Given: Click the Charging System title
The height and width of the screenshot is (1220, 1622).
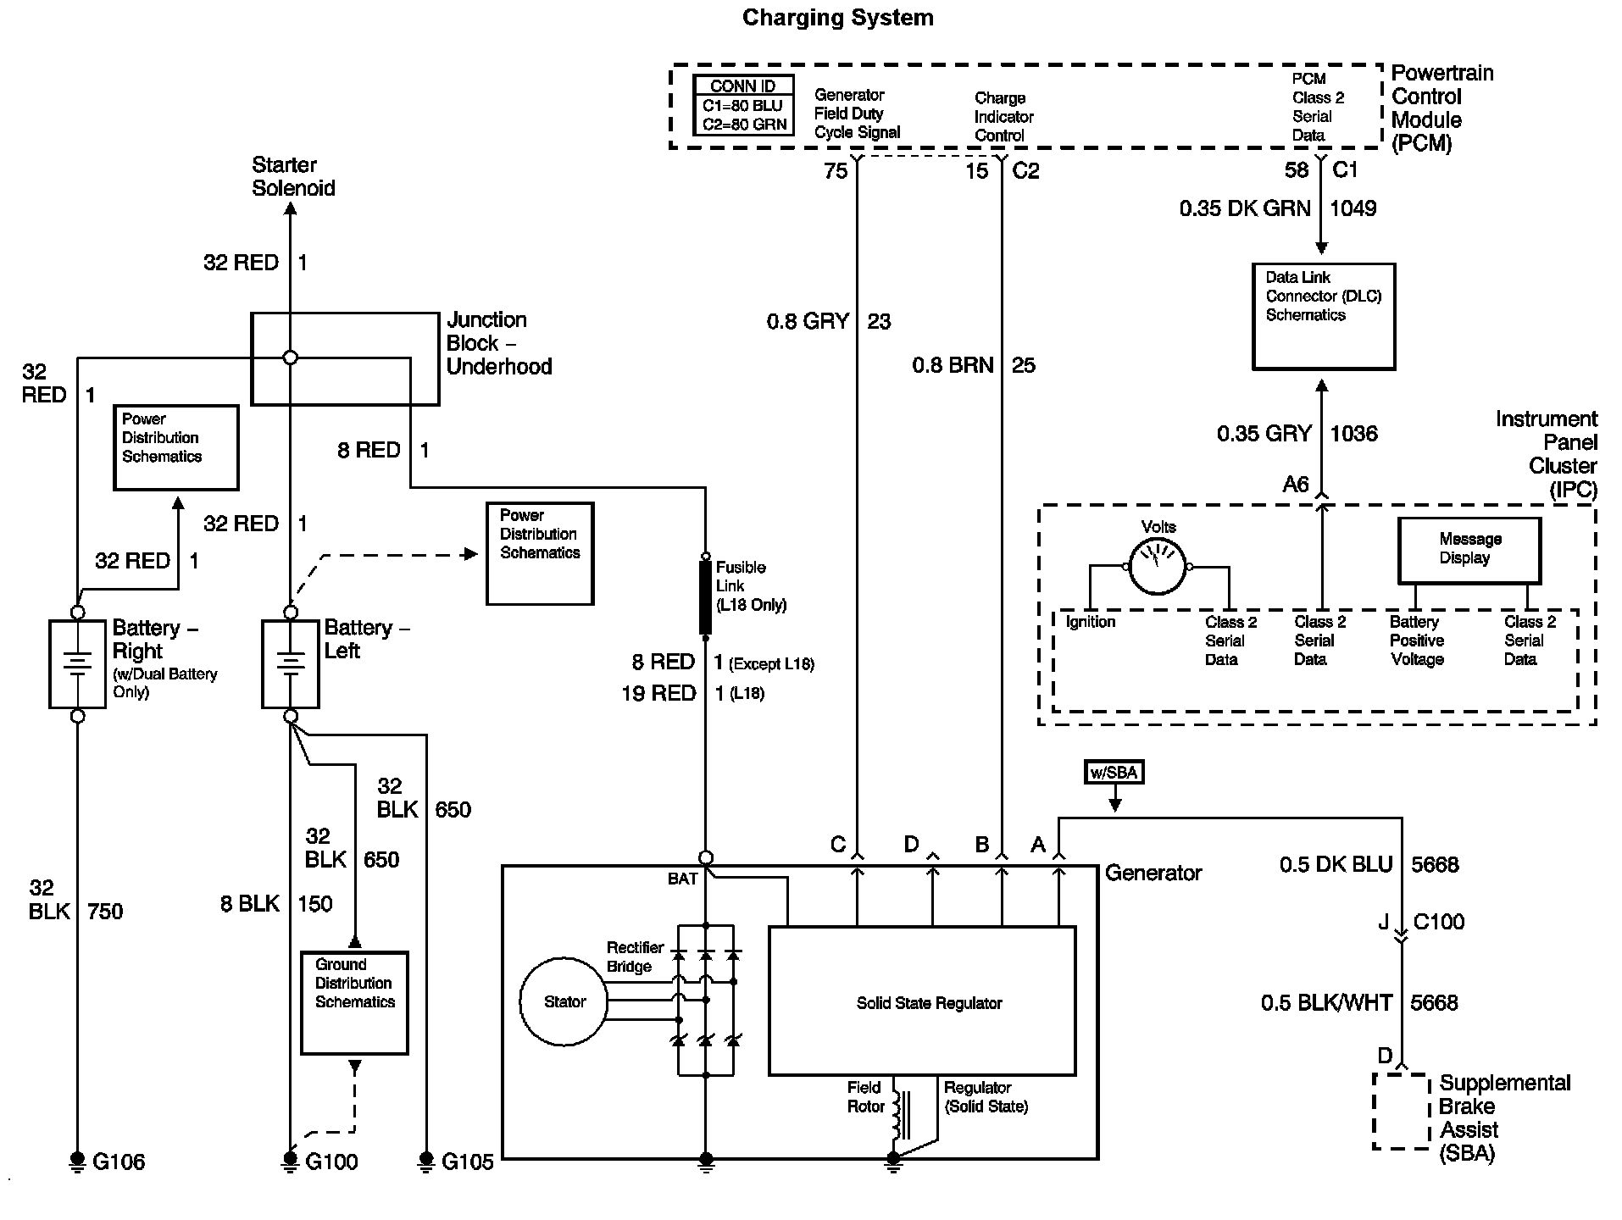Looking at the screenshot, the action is tap(837, 18).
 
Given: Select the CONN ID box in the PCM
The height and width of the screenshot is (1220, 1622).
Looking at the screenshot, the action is tap(743, 105).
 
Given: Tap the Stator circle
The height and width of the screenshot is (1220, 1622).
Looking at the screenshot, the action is tap(564, 1001).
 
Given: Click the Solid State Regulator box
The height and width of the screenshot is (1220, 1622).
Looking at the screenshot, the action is tap(922, 1001).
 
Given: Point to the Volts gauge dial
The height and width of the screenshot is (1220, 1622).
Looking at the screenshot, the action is tap(1158, 567).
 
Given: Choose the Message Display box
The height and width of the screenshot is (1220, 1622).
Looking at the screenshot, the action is tap(1469, 551).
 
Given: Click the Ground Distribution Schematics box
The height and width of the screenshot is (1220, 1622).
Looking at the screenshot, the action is tap(354, 1003).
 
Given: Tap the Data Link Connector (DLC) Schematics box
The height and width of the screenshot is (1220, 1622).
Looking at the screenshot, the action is tap(1324, 316).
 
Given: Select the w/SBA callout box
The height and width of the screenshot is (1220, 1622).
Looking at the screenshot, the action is tap(1114, 772).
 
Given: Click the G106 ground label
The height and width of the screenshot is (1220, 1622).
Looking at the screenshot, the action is tap(119, 1162).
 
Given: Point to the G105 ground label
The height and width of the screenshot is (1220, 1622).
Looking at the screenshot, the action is tap(468, 1162).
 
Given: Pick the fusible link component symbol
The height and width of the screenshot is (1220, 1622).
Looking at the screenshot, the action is tap(705, 596).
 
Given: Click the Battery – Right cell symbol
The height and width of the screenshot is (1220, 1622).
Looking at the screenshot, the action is tap(77, 664).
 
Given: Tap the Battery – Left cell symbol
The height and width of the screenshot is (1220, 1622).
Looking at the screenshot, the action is tap(290, 664).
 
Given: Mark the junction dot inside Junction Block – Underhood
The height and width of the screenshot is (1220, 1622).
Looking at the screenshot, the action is tap(290, 358).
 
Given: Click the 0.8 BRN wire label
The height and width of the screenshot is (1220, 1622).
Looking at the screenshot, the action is tap(953, 365).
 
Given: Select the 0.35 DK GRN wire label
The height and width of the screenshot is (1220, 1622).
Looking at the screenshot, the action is tap(1245, 208).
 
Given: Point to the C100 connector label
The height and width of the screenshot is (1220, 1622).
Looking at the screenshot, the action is tap(1439, 922).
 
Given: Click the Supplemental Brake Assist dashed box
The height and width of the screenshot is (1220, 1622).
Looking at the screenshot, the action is tap(1403, 1111).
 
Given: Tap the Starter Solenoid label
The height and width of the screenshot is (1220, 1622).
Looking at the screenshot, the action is tap(293, 176).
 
